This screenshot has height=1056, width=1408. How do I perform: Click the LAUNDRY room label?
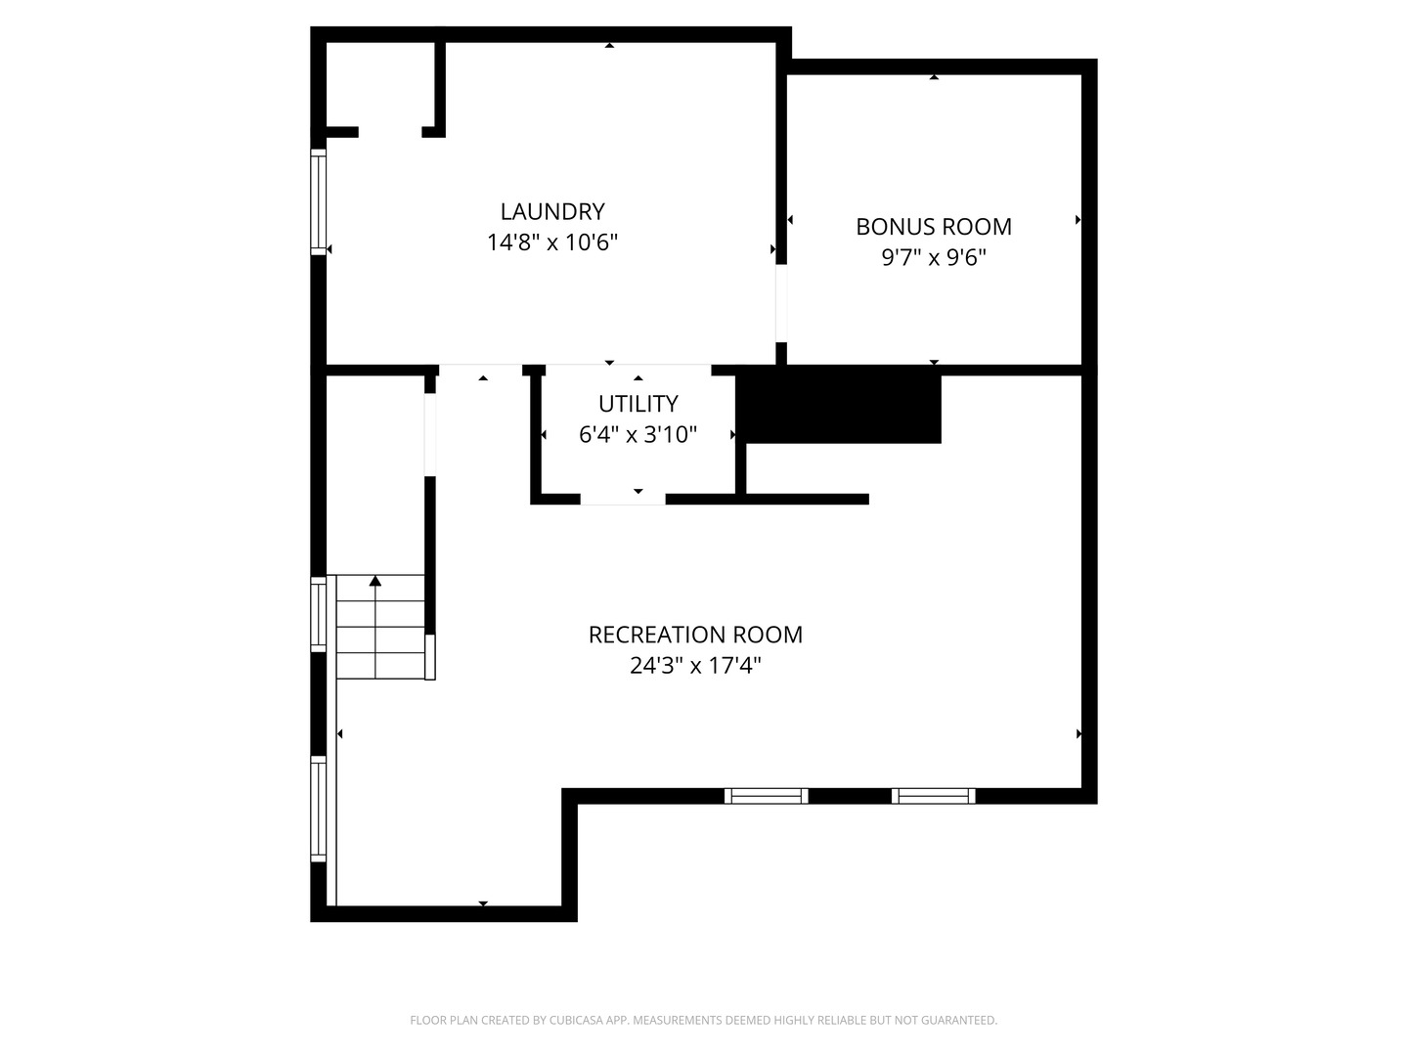[552, 211]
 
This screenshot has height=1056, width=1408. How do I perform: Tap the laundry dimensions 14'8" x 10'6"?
[552, 242]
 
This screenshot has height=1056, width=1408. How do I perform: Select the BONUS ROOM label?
[934, 227]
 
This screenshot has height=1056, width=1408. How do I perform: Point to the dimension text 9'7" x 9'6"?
[934, 258]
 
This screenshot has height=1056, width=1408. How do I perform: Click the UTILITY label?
[638, 404]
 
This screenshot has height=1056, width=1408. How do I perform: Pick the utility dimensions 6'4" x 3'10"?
[638, 435]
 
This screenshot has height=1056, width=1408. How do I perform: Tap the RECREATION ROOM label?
[695, 635]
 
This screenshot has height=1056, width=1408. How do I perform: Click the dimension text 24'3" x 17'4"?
[695, 666]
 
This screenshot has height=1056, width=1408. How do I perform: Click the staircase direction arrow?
[375, 582]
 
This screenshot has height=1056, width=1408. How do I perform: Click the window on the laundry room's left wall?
[318, 201]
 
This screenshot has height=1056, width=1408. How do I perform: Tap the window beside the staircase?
[318, 614]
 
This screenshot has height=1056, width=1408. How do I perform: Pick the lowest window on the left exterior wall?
[318, 809]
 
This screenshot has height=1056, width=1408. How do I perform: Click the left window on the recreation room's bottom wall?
[766, 796]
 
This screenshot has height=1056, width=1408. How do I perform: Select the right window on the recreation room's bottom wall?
[933, 796]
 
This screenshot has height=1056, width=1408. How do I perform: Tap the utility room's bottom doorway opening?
[623, 499]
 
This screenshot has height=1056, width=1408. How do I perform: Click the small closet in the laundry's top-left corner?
[380, 85]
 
